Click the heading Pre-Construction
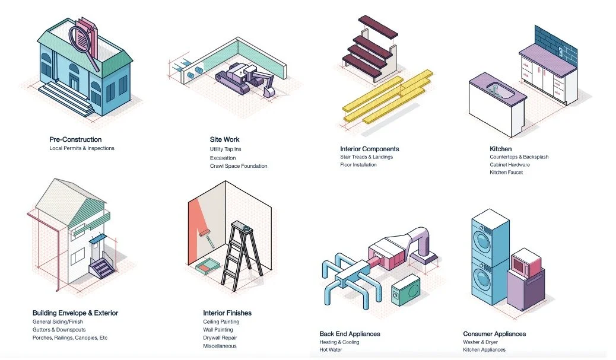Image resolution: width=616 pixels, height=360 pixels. [75, 139]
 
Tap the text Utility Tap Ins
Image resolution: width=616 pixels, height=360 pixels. [226, 149]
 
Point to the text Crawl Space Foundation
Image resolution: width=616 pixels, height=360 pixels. [239, 166]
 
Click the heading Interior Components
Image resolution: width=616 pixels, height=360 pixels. [369, 149]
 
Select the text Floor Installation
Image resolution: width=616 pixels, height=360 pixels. [358, 165]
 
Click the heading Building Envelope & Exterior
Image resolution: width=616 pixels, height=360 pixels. [75, 313]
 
